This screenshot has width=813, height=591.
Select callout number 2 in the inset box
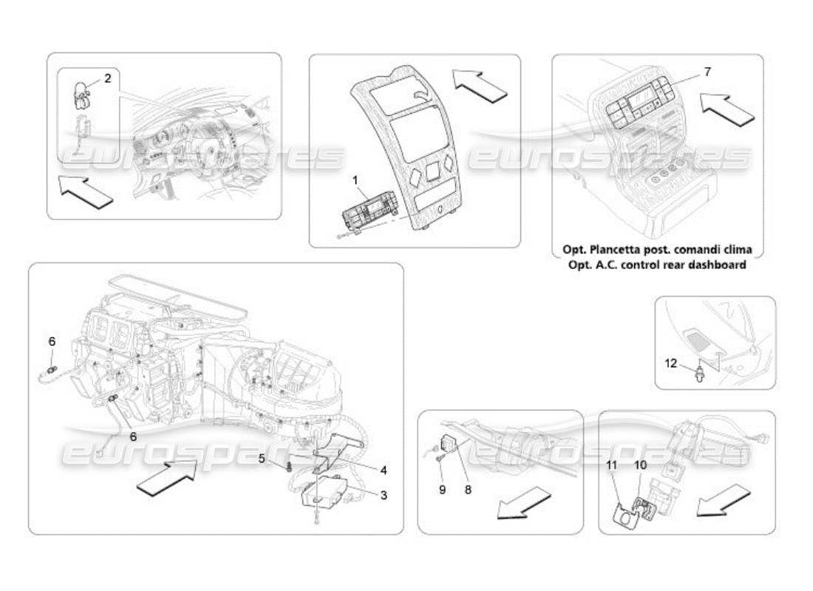107,78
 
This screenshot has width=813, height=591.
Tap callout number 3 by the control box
383,496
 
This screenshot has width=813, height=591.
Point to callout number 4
383,469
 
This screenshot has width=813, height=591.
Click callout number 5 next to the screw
262,459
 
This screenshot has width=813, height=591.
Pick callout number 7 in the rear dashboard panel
707,72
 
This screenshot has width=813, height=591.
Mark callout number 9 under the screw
442,489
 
